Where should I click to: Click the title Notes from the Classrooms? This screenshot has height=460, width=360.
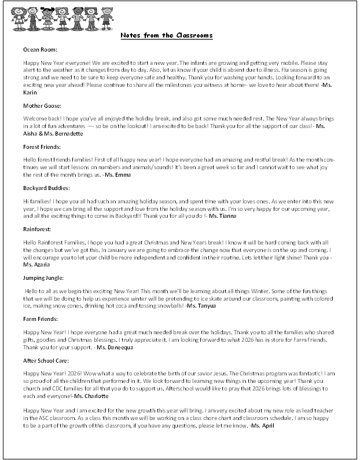pyautogui.click(x=167, y=36)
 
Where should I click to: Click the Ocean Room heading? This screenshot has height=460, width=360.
pyautogui.click(x=40, y=49)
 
